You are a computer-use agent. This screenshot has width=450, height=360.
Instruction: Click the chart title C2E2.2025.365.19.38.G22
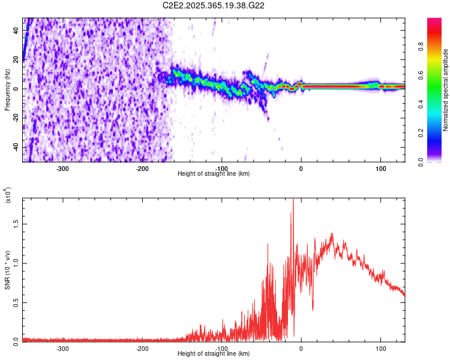coord(214,5)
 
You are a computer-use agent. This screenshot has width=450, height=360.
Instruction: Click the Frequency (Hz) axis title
coord(7,90)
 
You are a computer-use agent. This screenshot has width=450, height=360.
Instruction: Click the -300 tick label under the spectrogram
coord(63,169)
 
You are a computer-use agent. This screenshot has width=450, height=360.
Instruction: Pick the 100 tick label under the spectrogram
coord(380,169)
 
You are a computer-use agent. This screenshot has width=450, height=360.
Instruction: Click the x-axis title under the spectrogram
coord(214,174)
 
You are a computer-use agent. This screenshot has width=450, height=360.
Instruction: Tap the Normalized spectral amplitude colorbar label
coord(446,90)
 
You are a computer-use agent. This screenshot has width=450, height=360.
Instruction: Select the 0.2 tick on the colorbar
coord(439,133)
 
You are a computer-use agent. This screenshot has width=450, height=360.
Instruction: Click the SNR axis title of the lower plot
coord(7,270)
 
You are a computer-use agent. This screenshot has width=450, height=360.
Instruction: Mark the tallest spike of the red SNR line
coord(293,200)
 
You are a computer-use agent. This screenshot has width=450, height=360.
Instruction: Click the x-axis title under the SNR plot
coord(214,354)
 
